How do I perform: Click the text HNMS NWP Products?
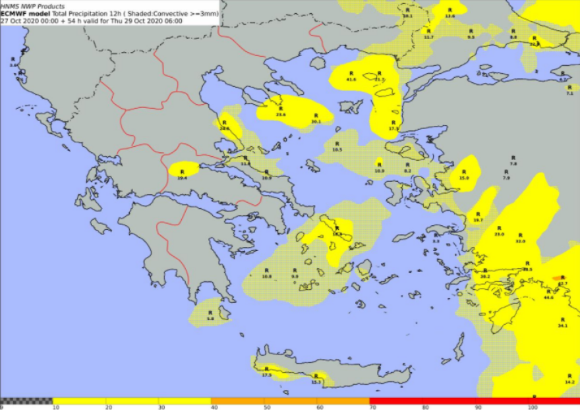(33, 6)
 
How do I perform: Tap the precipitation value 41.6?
(351, 79)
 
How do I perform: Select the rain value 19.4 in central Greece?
(182, 178)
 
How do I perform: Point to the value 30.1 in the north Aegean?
(315, 122)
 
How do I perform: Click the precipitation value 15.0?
(464, 178)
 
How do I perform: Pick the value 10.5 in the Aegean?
(337, 150)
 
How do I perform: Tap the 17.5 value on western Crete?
(266, 375)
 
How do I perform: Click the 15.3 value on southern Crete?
(316, 382)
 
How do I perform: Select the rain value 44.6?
(548, 298)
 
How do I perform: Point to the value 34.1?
(562, 326)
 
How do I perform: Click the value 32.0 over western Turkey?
(521, 242)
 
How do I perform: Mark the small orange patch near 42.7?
(557, 278)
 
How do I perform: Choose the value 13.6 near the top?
(450, 15)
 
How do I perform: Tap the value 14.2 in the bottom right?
(569, 382)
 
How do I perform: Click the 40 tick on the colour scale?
(212, 408)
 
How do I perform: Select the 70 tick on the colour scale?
(370, 408)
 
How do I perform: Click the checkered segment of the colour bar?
(26, 400)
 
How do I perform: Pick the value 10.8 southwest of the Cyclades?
(266, 277)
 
